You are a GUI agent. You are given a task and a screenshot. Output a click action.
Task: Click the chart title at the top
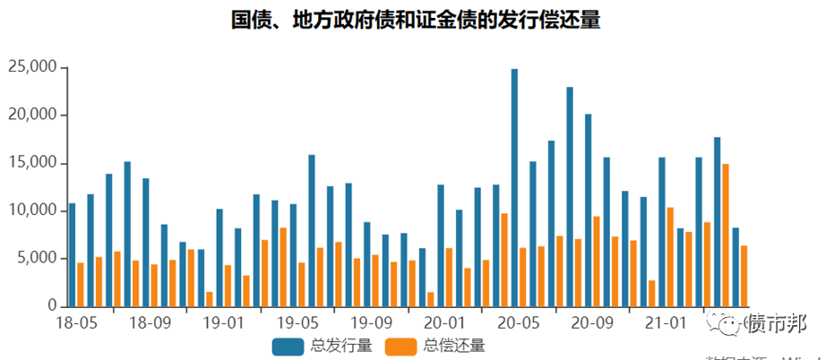tap(416, 20)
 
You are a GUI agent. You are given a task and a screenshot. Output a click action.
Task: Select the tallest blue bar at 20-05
tap(514, 187)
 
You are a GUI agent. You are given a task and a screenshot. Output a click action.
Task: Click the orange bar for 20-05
tap(523, 277)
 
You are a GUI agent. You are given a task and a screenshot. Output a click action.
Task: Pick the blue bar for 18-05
tap(72, 254)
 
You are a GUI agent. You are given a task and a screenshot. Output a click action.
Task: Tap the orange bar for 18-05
tap(81, 284)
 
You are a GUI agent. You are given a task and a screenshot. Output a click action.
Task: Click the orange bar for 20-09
tap(597, 261)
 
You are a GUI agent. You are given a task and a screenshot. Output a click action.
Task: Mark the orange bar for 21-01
tap(670, 256)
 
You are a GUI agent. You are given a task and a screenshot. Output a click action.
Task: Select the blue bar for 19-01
tap(219, 257)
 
